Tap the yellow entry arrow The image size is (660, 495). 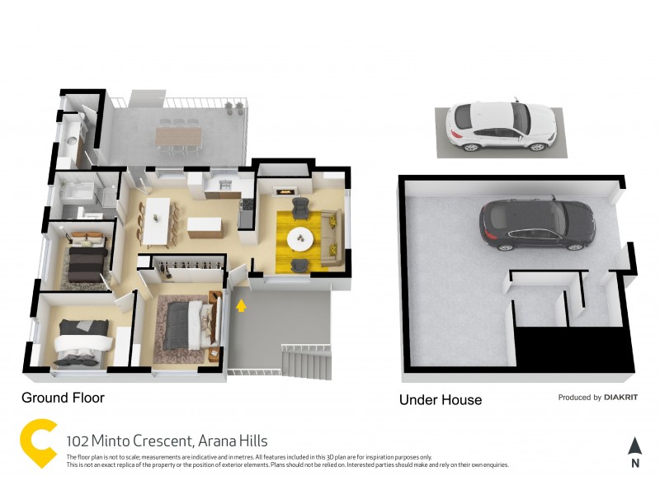click(x=241, y=307)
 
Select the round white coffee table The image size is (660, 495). click(x=299, y=239)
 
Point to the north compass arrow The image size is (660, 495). click(x=634, y=446)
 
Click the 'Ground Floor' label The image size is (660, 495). click(x=63, y=398)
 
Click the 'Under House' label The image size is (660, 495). click(x=440, y=400)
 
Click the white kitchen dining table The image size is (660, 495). click(x=157, y=222)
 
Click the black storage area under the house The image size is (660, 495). click(x=573, y=346)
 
